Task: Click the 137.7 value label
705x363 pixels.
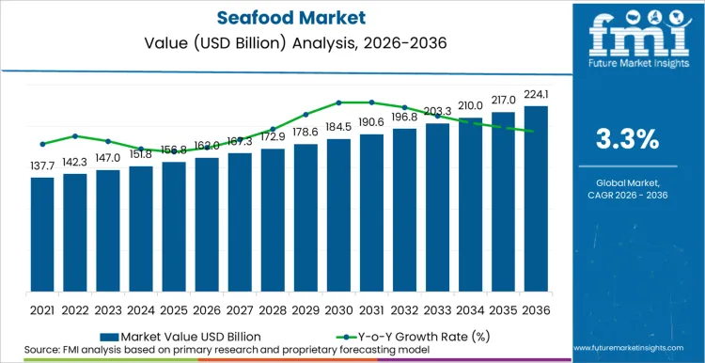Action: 42,165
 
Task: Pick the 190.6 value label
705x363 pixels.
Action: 371,122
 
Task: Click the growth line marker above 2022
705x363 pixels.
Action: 75,135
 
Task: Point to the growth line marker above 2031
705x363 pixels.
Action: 371,103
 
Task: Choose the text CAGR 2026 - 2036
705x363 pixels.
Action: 628,193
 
